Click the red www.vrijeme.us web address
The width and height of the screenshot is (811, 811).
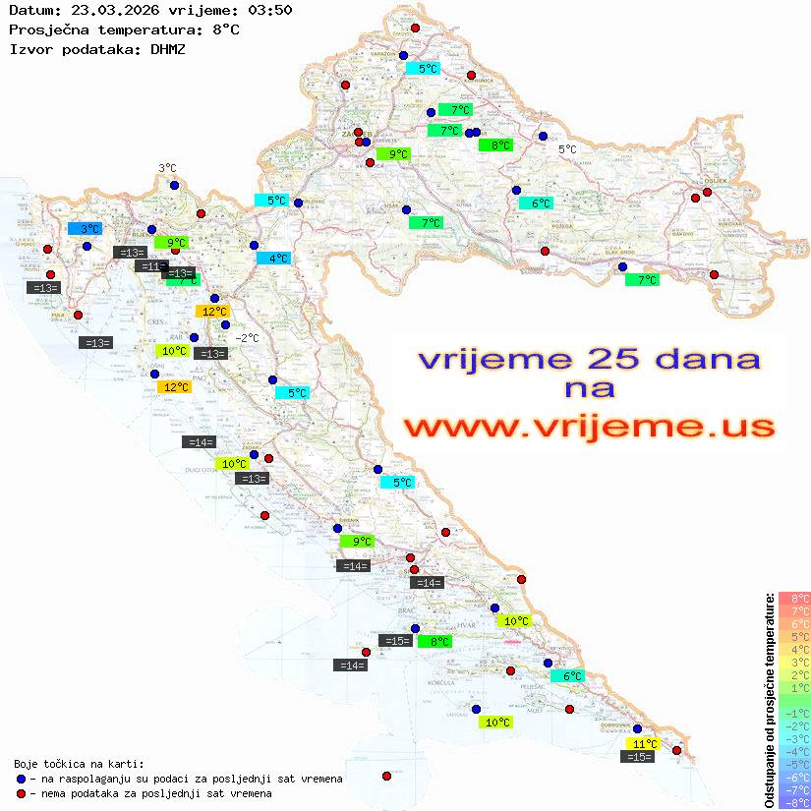[588, 427]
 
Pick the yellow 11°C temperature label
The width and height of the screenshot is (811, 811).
[644, 743]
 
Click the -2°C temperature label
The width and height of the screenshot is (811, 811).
[247, 337]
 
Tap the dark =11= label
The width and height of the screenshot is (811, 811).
[152, 266]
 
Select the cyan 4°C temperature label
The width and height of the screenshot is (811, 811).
[273, 258]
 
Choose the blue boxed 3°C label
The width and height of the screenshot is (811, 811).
[85, 228]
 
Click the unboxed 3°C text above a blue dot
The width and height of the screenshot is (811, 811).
[167, 168]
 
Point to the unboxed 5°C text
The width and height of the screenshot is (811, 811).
[567, 149]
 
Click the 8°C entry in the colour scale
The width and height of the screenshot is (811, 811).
[794, 598]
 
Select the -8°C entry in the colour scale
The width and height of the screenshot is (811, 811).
[794, 802]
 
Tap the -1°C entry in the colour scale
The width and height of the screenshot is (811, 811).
[794, 713]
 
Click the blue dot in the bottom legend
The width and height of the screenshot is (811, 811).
[21, 779]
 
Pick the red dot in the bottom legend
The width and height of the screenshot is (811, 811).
[21, 793]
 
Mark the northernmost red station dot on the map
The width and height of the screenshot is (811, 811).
[415, 29]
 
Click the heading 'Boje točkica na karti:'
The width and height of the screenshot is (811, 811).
[79, 763]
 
